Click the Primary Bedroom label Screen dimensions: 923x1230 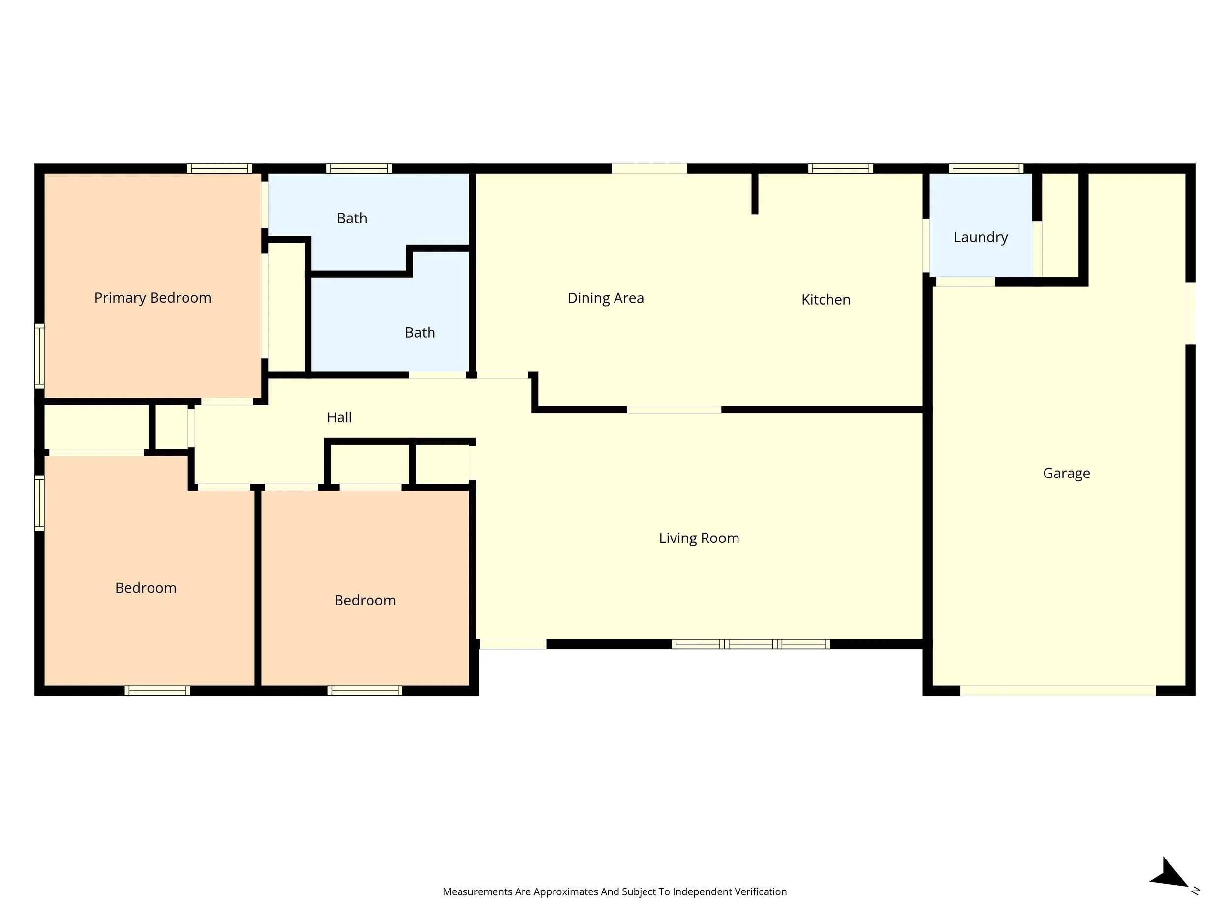click(153, 298)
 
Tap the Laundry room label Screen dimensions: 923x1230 click(981, 238)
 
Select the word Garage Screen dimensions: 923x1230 click(1066, 474)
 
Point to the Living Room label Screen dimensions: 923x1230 click(699, 538)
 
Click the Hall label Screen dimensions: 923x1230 click(338, 417)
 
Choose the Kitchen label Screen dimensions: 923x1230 click(826, 300)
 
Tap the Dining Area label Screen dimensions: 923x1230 click(606, 298)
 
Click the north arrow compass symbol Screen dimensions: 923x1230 click(1171, 876)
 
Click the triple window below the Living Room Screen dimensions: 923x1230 click(751, 644)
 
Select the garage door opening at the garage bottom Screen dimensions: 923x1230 click(1058, 691)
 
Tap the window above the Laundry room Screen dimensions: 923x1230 click(986, 168)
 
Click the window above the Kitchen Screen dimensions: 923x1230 click(840, 168)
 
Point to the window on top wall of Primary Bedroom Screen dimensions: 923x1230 click(219, 168)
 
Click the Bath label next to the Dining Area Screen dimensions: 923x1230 click(420, 333)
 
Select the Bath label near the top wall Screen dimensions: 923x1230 click(352, 218)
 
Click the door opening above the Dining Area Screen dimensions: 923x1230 click(649, 168)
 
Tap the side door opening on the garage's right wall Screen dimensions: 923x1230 click(1190, 313)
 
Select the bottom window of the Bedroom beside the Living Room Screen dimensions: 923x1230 click(365, 691)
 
